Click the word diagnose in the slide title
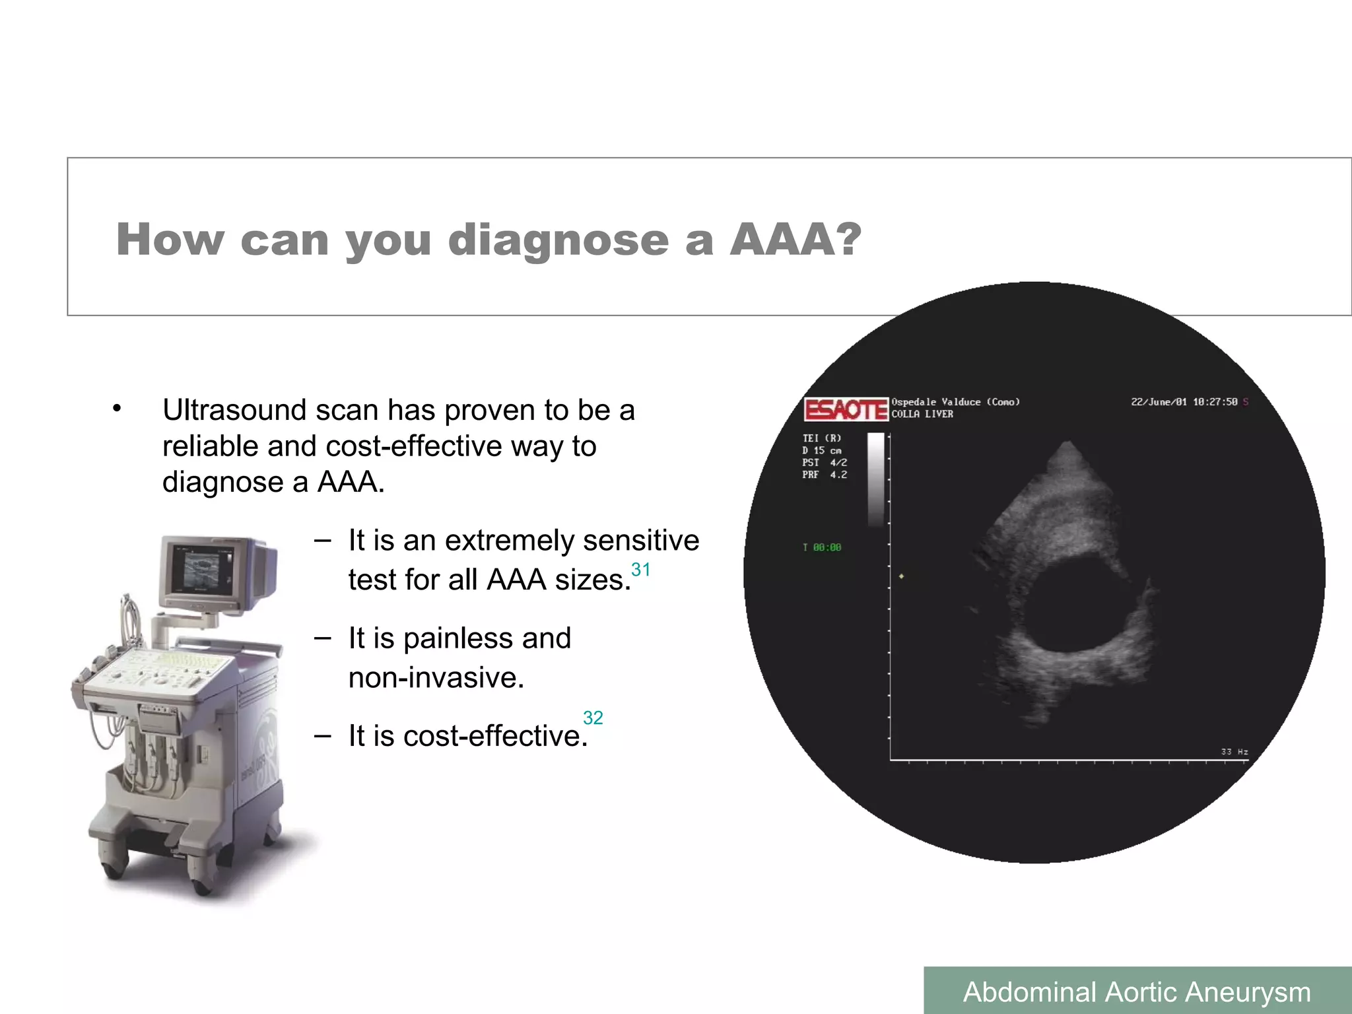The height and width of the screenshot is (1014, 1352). tap(558, 240)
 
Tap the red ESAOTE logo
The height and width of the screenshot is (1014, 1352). tap(846, 409)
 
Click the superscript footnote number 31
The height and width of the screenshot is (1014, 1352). tap(640, 569)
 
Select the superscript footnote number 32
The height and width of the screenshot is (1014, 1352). tap(593, 718)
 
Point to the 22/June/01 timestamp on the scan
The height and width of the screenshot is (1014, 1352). tap(1184, 401)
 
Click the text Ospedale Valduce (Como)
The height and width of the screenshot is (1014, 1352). tap(955, 401)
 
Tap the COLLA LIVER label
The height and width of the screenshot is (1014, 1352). tap(922, 414)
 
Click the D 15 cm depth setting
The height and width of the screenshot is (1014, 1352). tap(822, 450)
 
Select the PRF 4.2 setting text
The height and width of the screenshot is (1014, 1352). tap(825, 475)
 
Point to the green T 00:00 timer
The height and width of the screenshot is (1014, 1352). tap(822, 547)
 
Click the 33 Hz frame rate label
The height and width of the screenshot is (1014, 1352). tap(1234, 751)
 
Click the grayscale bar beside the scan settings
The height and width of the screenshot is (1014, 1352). tap(875, 479)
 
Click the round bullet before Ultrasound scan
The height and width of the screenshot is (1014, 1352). tap(117, 409)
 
